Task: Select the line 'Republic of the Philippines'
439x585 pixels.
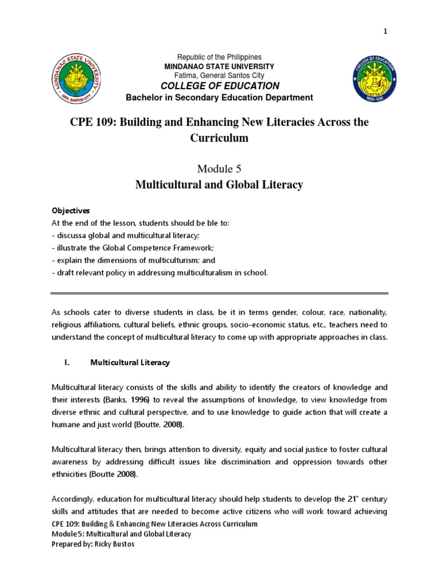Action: (219, 57)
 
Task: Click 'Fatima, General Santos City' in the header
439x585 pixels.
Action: (219, 75)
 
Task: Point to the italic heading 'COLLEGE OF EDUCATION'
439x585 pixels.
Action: (219, 86)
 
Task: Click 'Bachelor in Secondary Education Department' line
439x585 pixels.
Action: (219, 98)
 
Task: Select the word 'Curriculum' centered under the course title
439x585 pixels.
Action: (219, 139)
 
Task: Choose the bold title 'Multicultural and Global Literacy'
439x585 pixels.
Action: (219, 185)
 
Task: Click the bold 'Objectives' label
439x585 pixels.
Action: (67, 211)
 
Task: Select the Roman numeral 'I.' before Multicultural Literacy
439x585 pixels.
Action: (66, 362)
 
